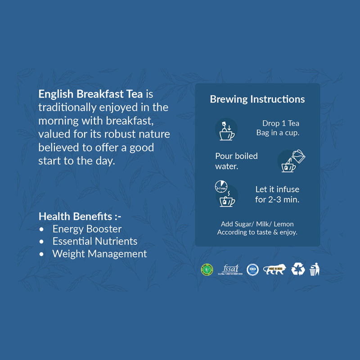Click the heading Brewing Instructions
[x=257, y=99]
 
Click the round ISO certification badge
[x=252, y=270]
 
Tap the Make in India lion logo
[x=274, y=269]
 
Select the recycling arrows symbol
[x=298, y=269]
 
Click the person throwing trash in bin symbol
[x=315, y=269]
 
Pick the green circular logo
[x=207, y=269]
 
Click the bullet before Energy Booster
[x=42, y=229]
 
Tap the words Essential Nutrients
[x=95, y=241]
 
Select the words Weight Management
[x=99, y=254]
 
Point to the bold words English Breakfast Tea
[x=90, y=94]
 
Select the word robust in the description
[x=122, y=134]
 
